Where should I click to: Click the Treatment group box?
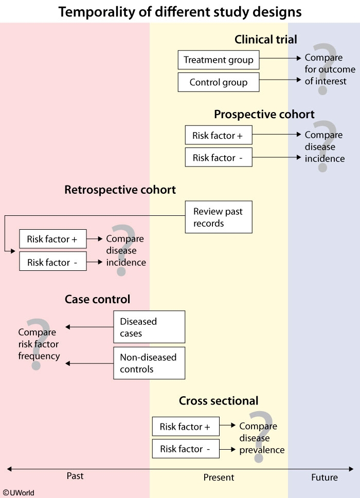219,60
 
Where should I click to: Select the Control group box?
219,82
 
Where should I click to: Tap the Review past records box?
219,217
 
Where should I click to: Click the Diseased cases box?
149,327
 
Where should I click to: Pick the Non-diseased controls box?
149,363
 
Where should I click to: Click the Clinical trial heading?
266,40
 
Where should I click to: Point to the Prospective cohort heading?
264,114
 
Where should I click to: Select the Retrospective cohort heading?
120,190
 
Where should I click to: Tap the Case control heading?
97,299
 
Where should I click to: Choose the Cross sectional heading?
219,401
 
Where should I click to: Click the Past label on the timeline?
75,476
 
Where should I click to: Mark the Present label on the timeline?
219,477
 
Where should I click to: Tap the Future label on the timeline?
325,477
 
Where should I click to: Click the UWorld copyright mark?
19,492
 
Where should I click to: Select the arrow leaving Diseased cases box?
89,327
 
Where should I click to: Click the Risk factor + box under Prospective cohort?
219,136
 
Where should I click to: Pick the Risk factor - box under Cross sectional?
186,449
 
